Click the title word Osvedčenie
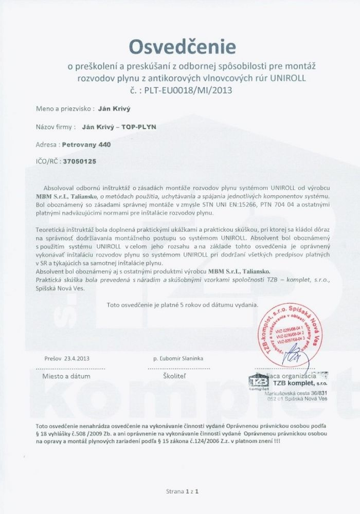coord(183,47)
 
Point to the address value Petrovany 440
coord(86,144)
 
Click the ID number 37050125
coord(79,162)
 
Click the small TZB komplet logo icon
coord(258,382)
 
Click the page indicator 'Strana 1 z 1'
coord(183,491)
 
